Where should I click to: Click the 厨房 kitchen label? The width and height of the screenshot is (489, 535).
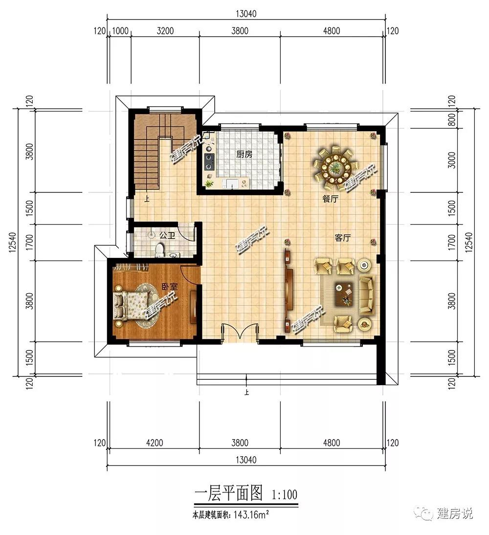(x=244, y=154)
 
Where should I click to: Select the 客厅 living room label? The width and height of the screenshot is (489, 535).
(x=342, y=238)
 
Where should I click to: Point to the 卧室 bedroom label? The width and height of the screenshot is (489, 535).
(x=170, y=287)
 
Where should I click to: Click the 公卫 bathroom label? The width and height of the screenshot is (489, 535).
(x=167, y=235)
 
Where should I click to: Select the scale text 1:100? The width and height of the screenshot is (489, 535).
(x=284, y=494)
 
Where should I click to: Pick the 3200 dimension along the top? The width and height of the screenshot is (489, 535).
(x=165, y=31)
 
